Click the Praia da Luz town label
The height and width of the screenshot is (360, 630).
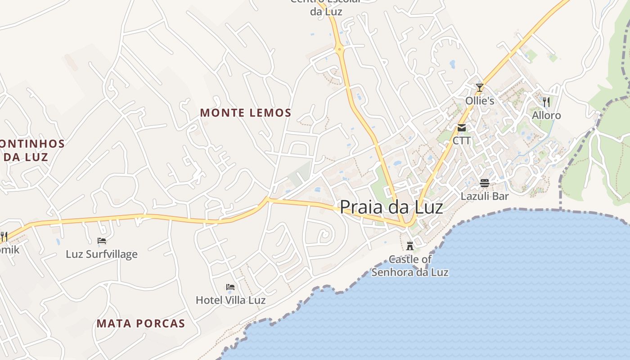(x=391, y=207)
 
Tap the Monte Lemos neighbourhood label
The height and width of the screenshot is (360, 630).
(x=246, y=112)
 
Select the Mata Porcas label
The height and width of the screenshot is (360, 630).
(x=141, y=323)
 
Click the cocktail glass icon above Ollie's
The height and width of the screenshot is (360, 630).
(x=480, y=87)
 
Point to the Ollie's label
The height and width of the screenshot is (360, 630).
(x=480, y=100)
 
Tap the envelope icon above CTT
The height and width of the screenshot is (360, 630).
(x=462, y=128)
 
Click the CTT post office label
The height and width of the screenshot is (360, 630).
(x=462, y=140)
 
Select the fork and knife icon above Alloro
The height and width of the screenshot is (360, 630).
(x=546, y=102)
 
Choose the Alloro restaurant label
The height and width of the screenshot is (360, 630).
(x=546, y=115)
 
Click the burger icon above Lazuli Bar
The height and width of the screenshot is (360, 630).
(x=485, y=183)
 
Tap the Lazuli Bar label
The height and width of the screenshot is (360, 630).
(x=485, y=196)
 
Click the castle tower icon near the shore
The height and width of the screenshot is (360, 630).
(x=410, y=246)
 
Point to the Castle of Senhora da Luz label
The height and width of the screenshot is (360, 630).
(x=410, y=265)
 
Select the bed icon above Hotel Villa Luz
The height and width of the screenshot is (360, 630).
(x=230, y=287)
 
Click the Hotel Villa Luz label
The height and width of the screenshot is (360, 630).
(x=230, y=300)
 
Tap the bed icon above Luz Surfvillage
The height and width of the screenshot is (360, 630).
(x=102, y=241)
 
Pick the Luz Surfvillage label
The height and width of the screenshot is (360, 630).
(x=102, y=254)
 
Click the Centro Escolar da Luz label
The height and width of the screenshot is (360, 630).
(x=326, y=8)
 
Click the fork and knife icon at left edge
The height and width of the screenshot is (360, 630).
(x=4, y=236)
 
